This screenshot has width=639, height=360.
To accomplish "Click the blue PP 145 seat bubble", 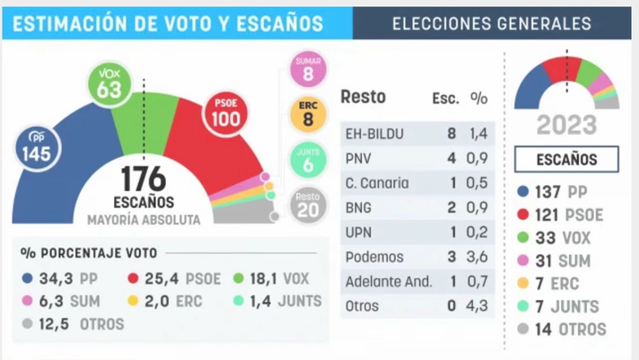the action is click(38, 148).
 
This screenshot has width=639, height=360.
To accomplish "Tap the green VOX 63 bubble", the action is click(109, 84).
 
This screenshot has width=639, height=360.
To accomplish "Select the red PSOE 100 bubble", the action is click(226, 113).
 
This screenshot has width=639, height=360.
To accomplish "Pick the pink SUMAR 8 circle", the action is click(308, 69).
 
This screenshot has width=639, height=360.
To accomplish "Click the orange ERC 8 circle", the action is click(308, 115).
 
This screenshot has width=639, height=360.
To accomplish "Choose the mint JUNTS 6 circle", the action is click(308, 160).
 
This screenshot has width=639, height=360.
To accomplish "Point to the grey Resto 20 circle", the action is click(308, 205).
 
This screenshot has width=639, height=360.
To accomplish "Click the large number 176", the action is click(144, 179).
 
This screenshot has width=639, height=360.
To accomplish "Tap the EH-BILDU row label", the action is click(374, 134).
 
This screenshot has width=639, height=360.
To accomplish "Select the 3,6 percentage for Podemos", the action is click(477, 257).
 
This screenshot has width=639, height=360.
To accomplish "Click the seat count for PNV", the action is click(451, 158).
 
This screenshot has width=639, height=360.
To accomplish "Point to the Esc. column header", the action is click(445, 98).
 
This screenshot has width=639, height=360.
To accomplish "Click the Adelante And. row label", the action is click(389, 281).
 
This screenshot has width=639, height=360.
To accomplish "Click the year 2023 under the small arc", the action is click(566, 125).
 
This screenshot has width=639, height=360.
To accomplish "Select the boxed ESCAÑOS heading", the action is click(566, 159).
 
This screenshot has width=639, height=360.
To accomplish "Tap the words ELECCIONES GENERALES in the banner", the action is click(492, 23).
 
